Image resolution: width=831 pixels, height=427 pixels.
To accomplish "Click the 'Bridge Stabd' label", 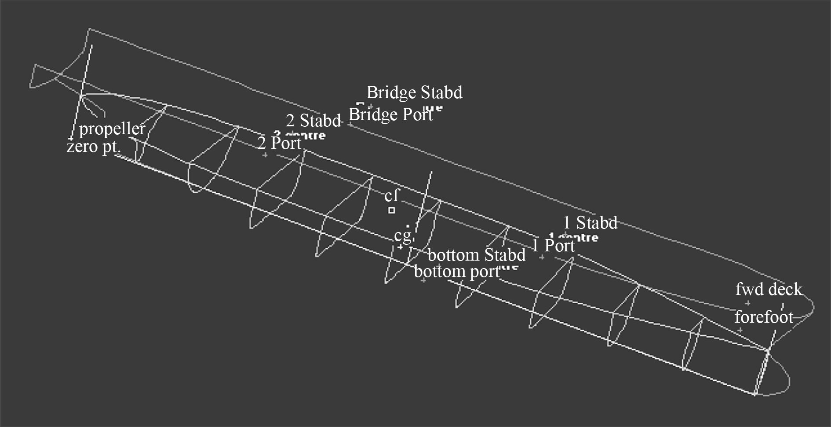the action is click(x=414, y=92).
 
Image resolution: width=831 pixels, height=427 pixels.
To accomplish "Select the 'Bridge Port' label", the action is click(x=390, y=114).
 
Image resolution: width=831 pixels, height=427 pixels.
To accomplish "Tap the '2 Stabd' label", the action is click(x=313, y=121).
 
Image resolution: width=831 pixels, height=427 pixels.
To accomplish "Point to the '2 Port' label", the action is click(x=280, y=143).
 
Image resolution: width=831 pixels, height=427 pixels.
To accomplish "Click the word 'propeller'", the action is click(x=112, y=129).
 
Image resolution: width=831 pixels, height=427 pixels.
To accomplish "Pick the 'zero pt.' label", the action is click(x=93, y=147).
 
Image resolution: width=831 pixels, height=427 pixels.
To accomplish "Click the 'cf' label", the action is click(x=392, y=195).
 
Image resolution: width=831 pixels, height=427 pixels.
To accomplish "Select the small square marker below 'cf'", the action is click(x=391, y=210).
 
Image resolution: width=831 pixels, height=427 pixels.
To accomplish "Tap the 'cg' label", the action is click(x=403, y=235).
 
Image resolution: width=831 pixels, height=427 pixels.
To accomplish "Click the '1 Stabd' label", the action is click(x=590, y=223).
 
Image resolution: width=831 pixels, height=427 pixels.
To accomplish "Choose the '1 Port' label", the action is click(x=553, y=246).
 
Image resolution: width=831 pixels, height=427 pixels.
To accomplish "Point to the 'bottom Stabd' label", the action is click(x=477, y=255).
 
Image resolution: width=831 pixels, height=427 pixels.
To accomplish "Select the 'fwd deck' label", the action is click(x=769, y=289).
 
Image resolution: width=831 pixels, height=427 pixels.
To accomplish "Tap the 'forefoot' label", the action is click(x=764, y=317).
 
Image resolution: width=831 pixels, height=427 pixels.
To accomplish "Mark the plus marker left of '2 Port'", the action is click(x=265, y=155).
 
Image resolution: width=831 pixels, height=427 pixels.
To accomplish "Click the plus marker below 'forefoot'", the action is click(x=740, y=330).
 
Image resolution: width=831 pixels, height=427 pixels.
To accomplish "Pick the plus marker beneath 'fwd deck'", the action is click(x=747, y=303).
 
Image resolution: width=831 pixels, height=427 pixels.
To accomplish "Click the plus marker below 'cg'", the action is click(x=400, y=247).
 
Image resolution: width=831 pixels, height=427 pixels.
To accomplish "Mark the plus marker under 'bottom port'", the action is click(x=423, y=280).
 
